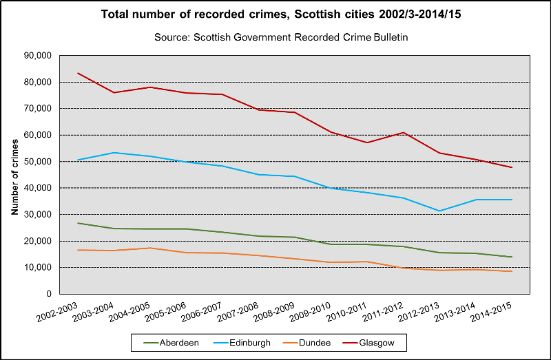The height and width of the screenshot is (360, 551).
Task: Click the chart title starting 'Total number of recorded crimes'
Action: click(275, 14)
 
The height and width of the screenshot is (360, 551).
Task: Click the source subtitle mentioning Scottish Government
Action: click(275, 37)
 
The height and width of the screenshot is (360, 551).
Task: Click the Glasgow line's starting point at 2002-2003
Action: click(78, 73)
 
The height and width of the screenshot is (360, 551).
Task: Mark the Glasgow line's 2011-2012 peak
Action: click(403, 132)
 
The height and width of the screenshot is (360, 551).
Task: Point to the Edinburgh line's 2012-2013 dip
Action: click(439, 211)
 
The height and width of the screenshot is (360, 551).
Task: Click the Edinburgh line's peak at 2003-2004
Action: click(114, 153)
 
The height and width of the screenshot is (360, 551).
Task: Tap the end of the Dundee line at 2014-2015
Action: click(512, 271)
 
